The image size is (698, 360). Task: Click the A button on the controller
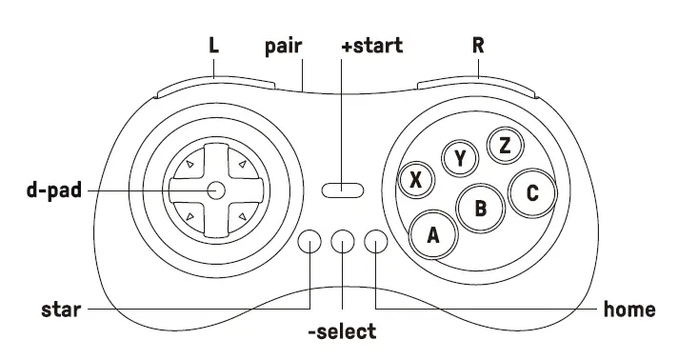tap(432, 233)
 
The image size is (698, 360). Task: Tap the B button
tap(481, 207)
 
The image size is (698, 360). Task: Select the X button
tap(416, 178)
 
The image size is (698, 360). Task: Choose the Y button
tap(461, 157)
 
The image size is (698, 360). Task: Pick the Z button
tap(505, 145)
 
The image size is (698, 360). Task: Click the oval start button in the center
tap(342, 190)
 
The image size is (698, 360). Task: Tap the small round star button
tap(309, 242)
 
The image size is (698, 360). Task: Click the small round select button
tap(342, 242)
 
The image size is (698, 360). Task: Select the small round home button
tap(377, 242)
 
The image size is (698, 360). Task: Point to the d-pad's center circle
tap(215, 190)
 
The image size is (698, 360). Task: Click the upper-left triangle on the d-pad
tap(189, 166)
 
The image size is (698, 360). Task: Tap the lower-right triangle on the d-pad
tap(241, 218)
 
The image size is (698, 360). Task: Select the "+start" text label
tap(372, 46)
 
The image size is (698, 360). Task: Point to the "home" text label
tap(629, 310)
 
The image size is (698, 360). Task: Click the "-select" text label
tap(341, 332)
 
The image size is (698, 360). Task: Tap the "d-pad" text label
tap(53, 190)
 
